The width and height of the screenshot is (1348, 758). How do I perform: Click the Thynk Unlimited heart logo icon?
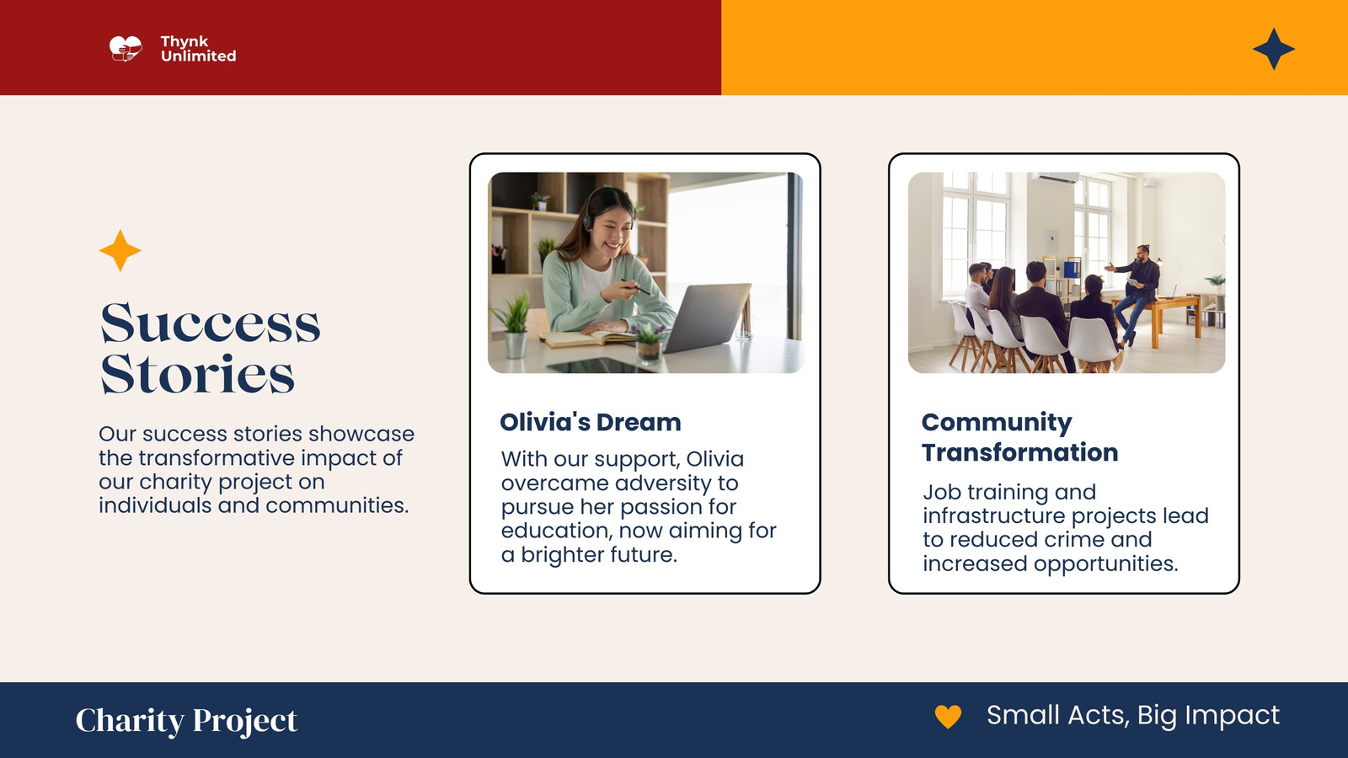point(126,49)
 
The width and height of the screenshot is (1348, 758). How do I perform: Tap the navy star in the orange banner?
point(1273,49)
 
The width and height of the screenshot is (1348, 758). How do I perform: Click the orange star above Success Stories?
point(120,250)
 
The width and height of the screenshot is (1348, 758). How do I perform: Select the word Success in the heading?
point(210,323)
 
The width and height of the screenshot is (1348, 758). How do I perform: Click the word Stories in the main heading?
point(197,374)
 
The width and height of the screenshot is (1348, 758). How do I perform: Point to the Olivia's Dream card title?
point(591,422)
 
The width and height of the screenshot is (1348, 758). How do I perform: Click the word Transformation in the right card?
point(1020,452)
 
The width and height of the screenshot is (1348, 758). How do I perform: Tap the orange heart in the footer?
point(948,717)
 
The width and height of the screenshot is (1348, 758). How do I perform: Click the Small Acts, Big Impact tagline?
point(1133,715)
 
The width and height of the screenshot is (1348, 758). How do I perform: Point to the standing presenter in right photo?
point(1137,294)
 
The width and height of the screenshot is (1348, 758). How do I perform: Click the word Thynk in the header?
point(185,41)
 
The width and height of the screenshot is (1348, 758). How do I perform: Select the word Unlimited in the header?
point(199,56)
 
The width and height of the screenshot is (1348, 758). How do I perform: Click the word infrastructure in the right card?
point(994,515)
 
